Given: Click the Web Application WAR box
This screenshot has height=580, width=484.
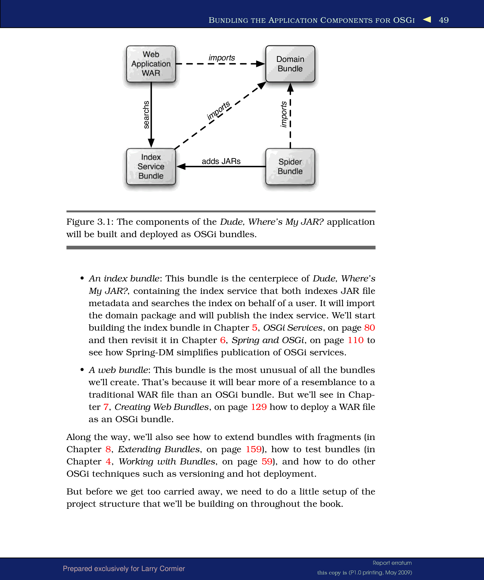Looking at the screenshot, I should (x=151, y=64).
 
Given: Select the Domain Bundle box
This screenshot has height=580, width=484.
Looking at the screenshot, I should (x=290, y=64).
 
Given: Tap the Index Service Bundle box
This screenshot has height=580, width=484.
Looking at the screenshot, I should (x=151, y=166).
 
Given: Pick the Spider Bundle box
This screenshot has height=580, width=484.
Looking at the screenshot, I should (x=290, y=166).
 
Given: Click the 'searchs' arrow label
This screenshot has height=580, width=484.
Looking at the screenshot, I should (x=146, y=115).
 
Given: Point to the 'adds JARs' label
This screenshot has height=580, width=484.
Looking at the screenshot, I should (x=221, y=161).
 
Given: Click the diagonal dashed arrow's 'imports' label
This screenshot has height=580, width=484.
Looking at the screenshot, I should (x=219, y=110).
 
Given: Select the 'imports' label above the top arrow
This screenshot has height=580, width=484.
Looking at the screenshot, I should (x=222, y=58).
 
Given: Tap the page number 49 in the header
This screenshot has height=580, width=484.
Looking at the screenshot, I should (x=444, y=20).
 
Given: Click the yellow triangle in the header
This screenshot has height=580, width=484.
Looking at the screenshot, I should (x=427, y=19).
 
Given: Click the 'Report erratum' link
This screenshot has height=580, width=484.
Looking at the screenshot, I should (x=392, y=563).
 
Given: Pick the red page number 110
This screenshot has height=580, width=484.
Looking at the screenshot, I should (x=355, y=340).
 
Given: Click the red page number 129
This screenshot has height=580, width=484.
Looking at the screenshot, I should (x=259, y=407).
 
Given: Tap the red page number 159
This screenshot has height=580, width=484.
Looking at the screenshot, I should (x=253, y=449).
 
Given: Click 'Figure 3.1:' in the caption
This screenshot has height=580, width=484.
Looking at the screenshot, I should (x=90, y=222).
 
